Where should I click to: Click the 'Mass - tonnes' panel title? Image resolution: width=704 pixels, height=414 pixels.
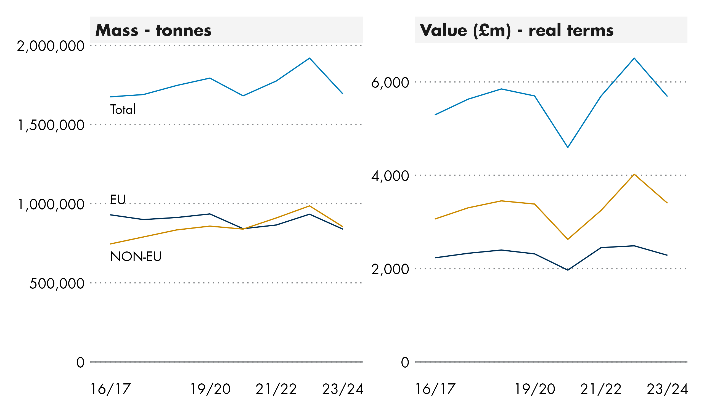click(153, 30)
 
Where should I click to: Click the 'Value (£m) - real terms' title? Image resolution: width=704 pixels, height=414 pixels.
click(516, 30)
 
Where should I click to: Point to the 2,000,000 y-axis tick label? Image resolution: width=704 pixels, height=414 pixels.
click(51, 46)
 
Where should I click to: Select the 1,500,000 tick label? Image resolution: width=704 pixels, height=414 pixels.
click(51, 125)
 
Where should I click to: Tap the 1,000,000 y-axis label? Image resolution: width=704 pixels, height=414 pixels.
click(51, 205)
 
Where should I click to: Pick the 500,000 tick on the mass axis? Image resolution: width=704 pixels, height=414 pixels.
click(57, 284)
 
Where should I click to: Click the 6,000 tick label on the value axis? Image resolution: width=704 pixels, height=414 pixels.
click(390, 83)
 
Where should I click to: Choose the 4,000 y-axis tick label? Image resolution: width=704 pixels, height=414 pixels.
click(390, 176)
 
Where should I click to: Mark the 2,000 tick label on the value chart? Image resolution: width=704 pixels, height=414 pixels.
click(390, 270)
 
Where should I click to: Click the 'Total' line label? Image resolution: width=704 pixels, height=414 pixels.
click(123, 110)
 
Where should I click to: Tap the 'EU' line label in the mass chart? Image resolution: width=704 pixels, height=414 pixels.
click(118, 200)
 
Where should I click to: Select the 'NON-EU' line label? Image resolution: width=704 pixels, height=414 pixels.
click(136, 257)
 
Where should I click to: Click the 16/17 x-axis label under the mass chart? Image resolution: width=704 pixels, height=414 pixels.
click(111, 389)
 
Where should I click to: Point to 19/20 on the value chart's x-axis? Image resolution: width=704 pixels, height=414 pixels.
click(535, 389)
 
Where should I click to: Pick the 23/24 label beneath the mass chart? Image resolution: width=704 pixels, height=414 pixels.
click(343, 389)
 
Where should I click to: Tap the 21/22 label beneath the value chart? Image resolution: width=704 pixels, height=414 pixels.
click(601, 389)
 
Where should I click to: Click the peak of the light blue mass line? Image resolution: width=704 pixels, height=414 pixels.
click(309, 58)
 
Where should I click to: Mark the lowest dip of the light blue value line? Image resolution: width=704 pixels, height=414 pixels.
click(568, 147)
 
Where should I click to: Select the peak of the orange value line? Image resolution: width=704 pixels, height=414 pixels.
click(634, 174)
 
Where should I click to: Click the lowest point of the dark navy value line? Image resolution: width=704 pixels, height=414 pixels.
click(568, 270)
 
